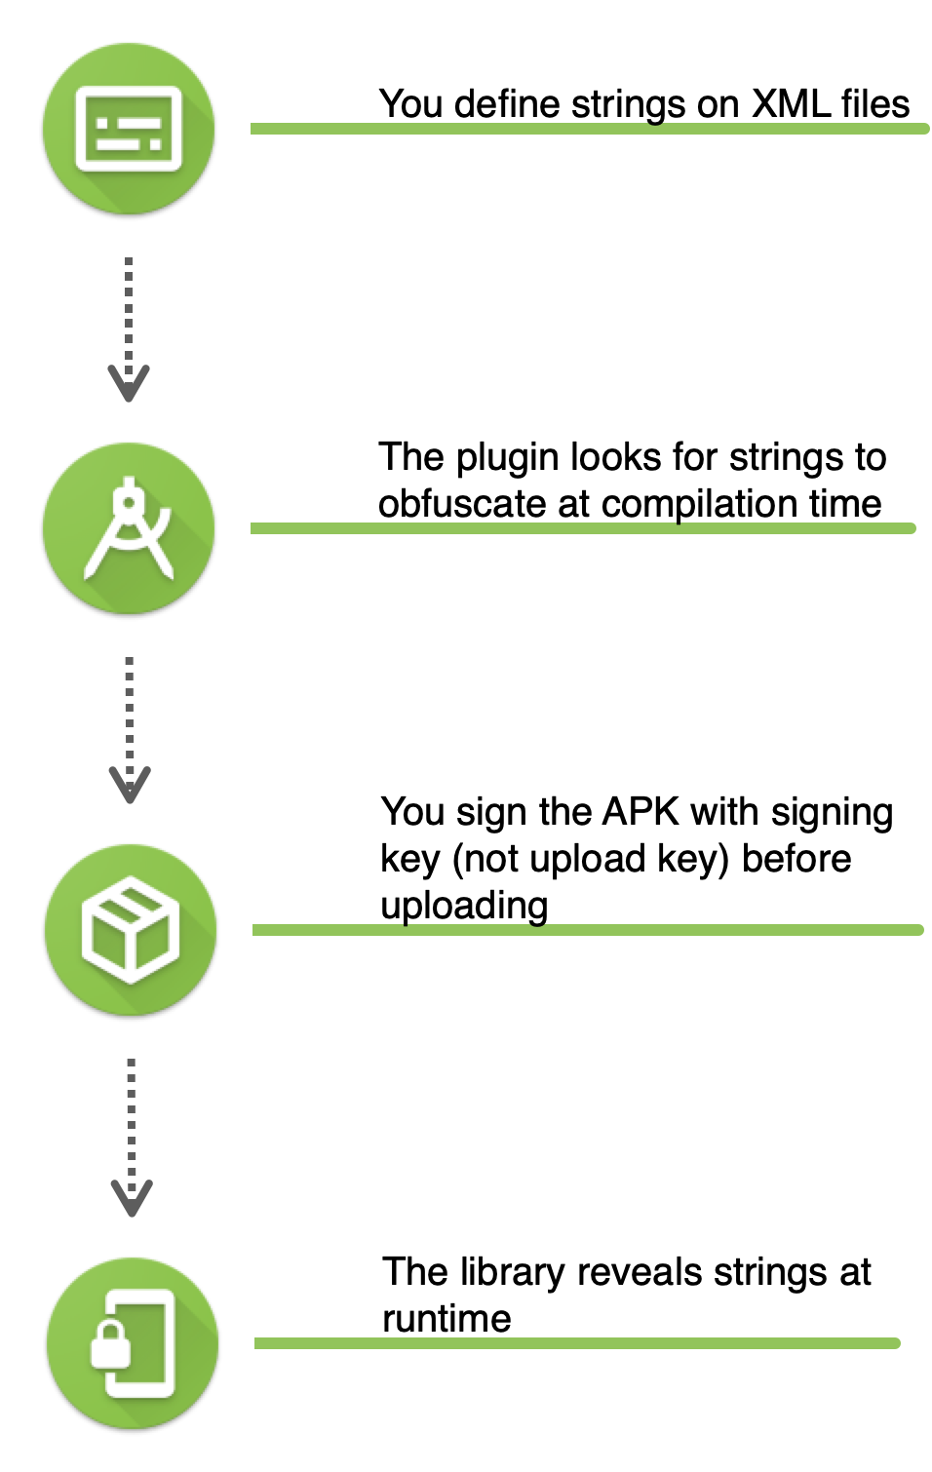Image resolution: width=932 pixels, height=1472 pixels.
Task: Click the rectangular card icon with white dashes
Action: tap(129, 129)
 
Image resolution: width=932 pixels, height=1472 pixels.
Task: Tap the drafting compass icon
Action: tap(129, 527)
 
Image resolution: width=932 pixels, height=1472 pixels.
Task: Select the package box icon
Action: tap(130, 929)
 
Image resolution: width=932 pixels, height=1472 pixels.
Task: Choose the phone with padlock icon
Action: tap(132, 1343)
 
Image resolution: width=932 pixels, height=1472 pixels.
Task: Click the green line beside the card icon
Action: tap(585, 129)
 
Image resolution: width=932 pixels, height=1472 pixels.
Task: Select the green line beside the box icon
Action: tap(585, 930)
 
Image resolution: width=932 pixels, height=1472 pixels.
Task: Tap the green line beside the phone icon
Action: tap(575, 1343)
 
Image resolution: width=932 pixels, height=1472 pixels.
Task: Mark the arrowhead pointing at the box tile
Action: tap(130, 786)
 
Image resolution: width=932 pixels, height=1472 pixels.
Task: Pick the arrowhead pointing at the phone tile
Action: tap(132, 1198)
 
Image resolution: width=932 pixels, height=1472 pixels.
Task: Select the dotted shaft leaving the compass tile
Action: tap(130, 712)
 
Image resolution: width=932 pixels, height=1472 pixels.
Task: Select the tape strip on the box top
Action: tap(124, 910)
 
